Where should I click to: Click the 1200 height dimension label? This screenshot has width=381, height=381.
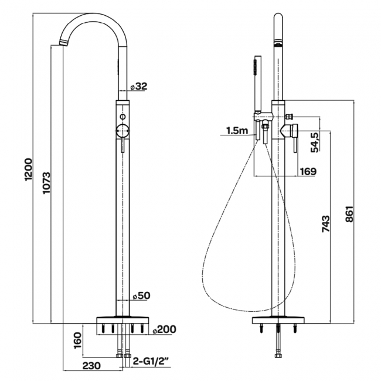tap(29, 169)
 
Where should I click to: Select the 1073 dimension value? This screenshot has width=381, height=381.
tap(46, 183)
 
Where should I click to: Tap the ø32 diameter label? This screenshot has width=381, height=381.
tap(139, 86)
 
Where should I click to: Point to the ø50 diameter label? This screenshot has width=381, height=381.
tap(141, 295)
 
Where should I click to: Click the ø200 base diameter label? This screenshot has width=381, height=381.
tap(164, 329)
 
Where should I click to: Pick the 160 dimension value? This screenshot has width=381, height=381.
tap(77, 340)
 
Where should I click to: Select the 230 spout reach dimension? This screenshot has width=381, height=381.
tap(91, 365)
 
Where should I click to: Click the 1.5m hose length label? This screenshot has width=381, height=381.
tap(237, 131)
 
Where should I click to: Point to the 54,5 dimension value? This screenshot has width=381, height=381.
tap(315, 142)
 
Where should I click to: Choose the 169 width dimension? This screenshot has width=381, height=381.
tap(308, 172)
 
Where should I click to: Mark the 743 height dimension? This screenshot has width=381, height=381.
tap(326, 223)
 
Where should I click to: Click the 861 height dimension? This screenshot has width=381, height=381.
tap(349, 214)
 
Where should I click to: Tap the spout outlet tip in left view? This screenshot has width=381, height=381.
tap(64, 43)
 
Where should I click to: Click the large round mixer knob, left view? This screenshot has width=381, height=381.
tap(123, 131)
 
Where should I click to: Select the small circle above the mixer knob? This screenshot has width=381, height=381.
tap(123, 117)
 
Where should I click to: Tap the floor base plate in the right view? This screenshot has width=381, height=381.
tap(278, 319)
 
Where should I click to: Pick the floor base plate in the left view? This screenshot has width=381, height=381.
tap(123, 319)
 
